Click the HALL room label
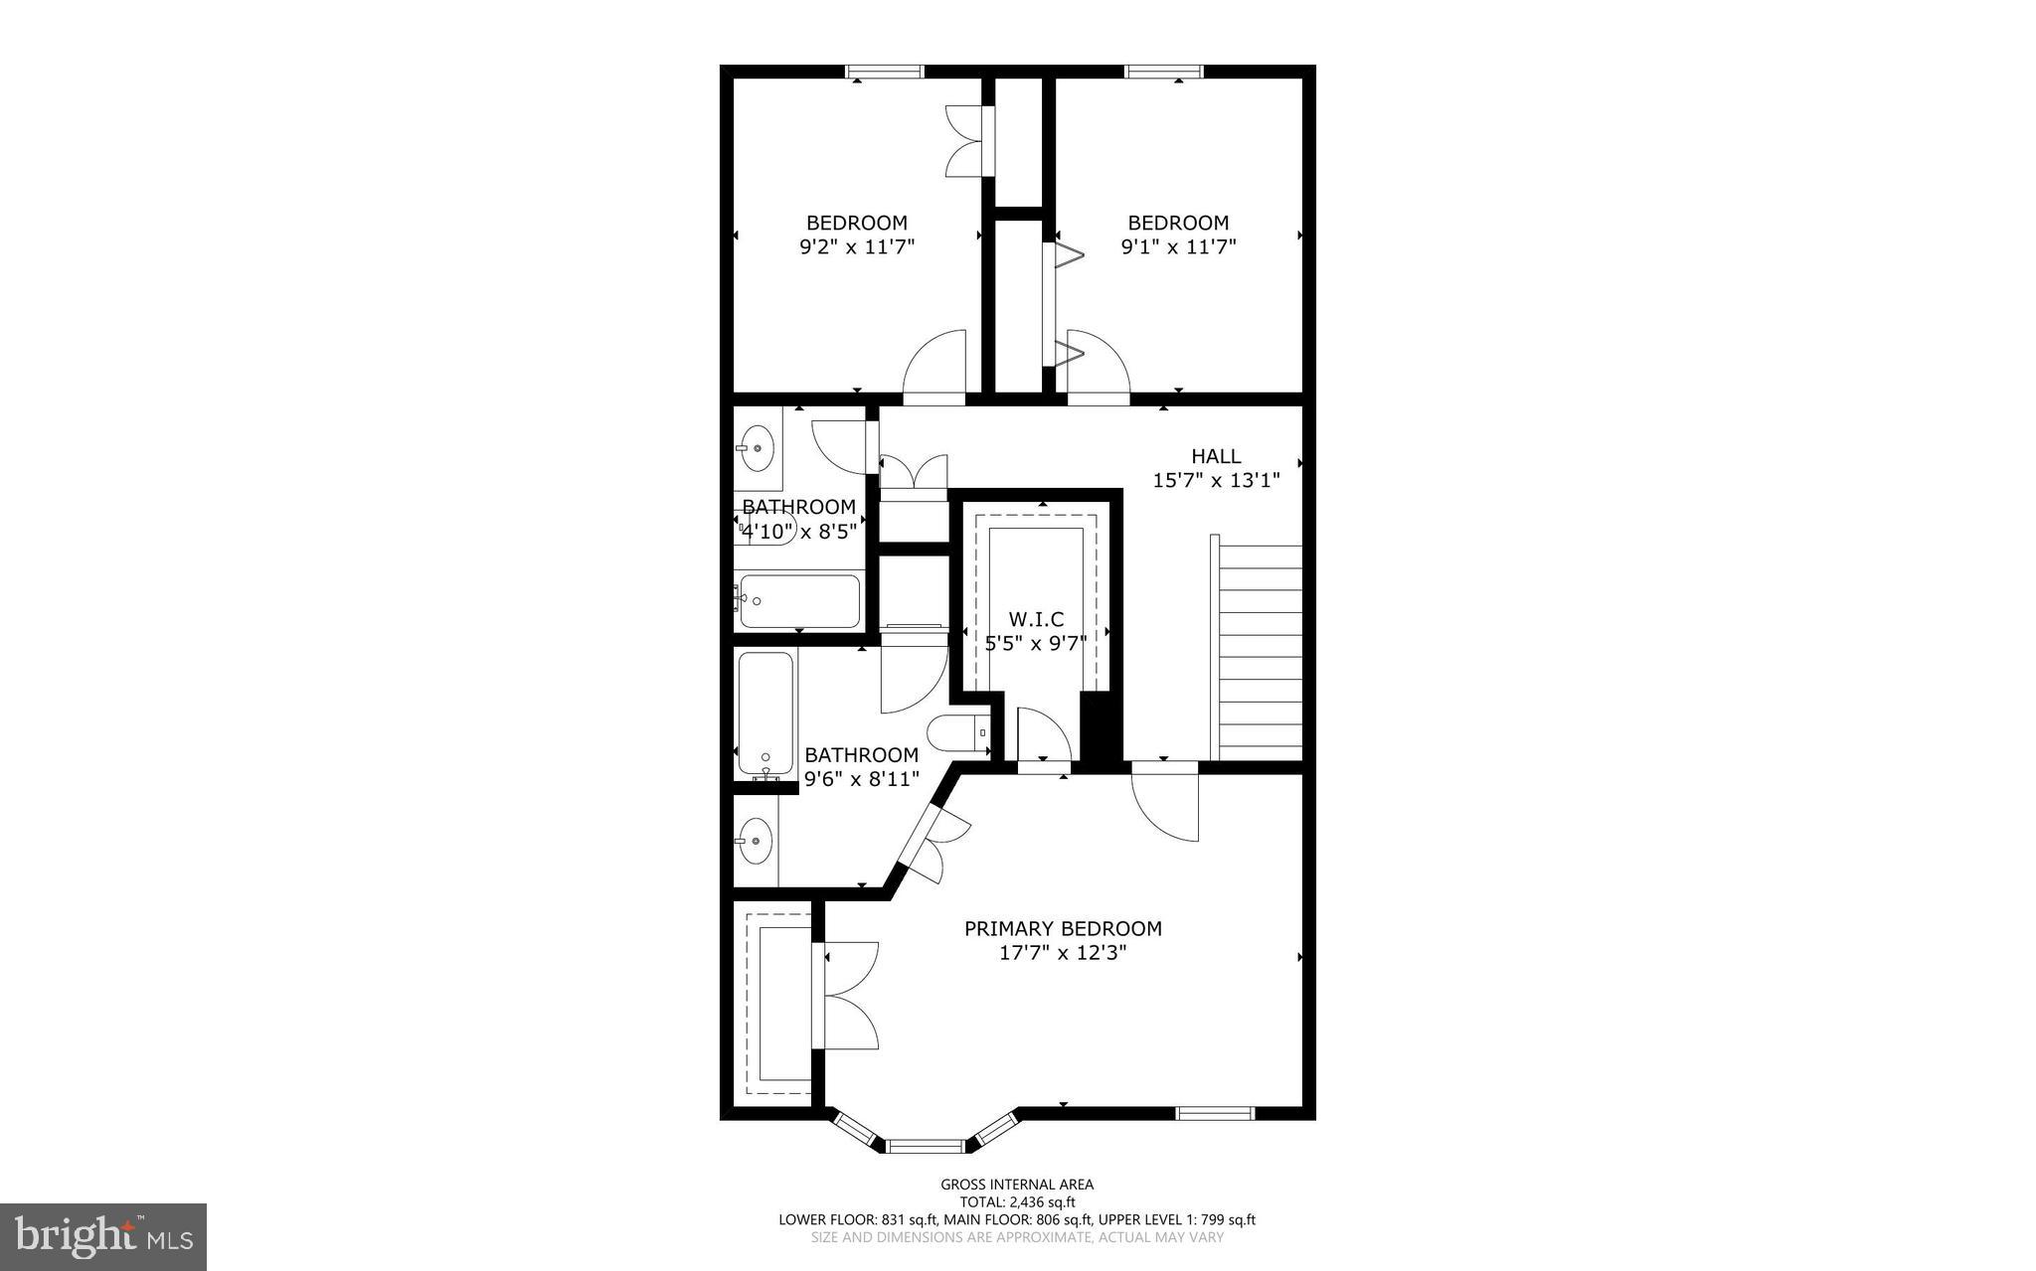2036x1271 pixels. [1216, 456]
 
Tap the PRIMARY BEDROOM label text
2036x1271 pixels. [1063, 929]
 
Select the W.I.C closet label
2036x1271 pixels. [1036, 620]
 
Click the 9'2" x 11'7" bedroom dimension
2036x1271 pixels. [857, 246]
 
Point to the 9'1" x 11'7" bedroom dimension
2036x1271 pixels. [1178, 246]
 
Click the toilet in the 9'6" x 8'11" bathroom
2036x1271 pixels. [957, 734]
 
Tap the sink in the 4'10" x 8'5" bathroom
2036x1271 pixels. [758, 448]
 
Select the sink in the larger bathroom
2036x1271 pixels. [757, 841]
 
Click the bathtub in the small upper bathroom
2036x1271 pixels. [798, 600]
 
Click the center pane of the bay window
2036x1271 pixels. [925, 1146]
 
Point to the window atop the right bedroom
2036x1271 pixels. [1163, 72]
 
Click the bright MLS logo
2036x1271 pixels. [103, 1236]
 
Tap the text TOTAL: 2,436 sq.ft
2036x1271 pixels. [1017, 1201]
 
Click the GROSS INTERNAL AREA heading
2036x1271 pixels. [1017, 1184]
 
